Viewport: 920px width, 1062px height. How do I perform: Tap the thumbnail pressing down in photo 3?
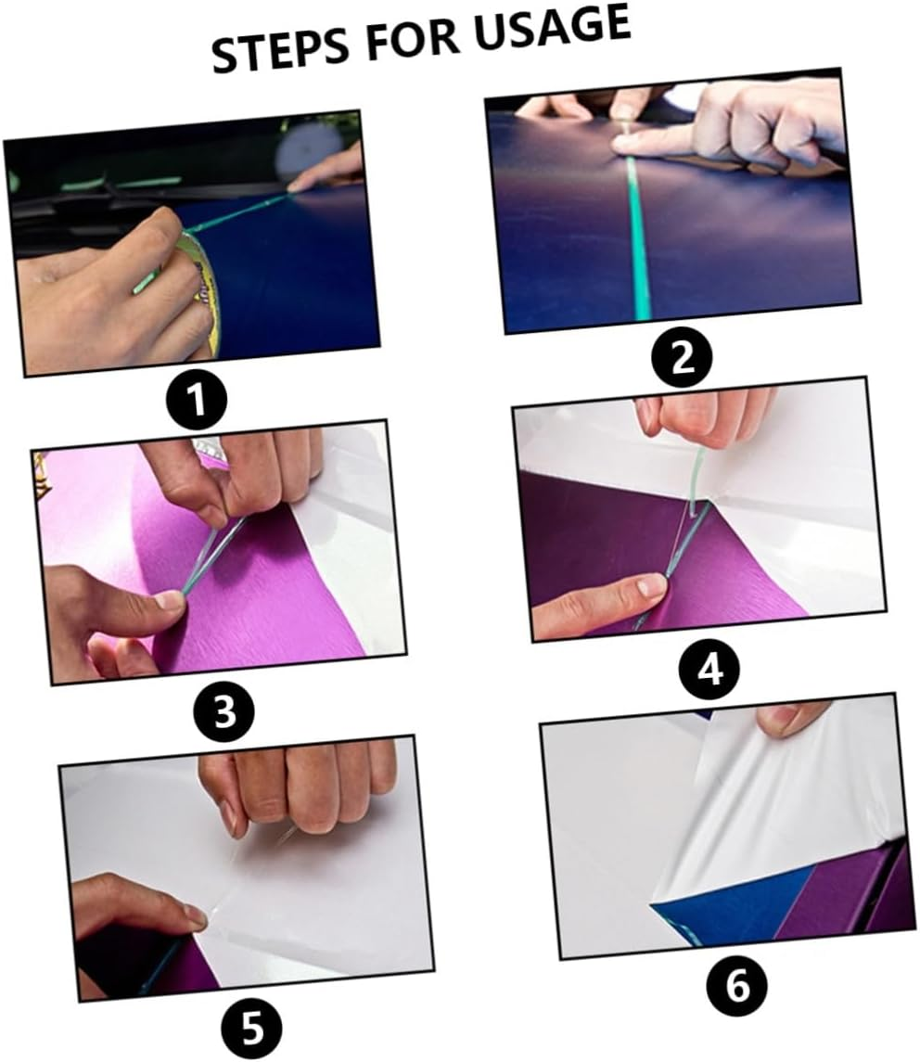(x=169, y=600)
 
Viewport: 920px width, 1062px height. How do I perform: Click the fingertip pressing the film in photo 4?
(x=649, y=585)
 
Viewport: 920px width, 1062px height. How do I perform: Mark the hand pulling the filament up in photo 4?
(x=705, y=413)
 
